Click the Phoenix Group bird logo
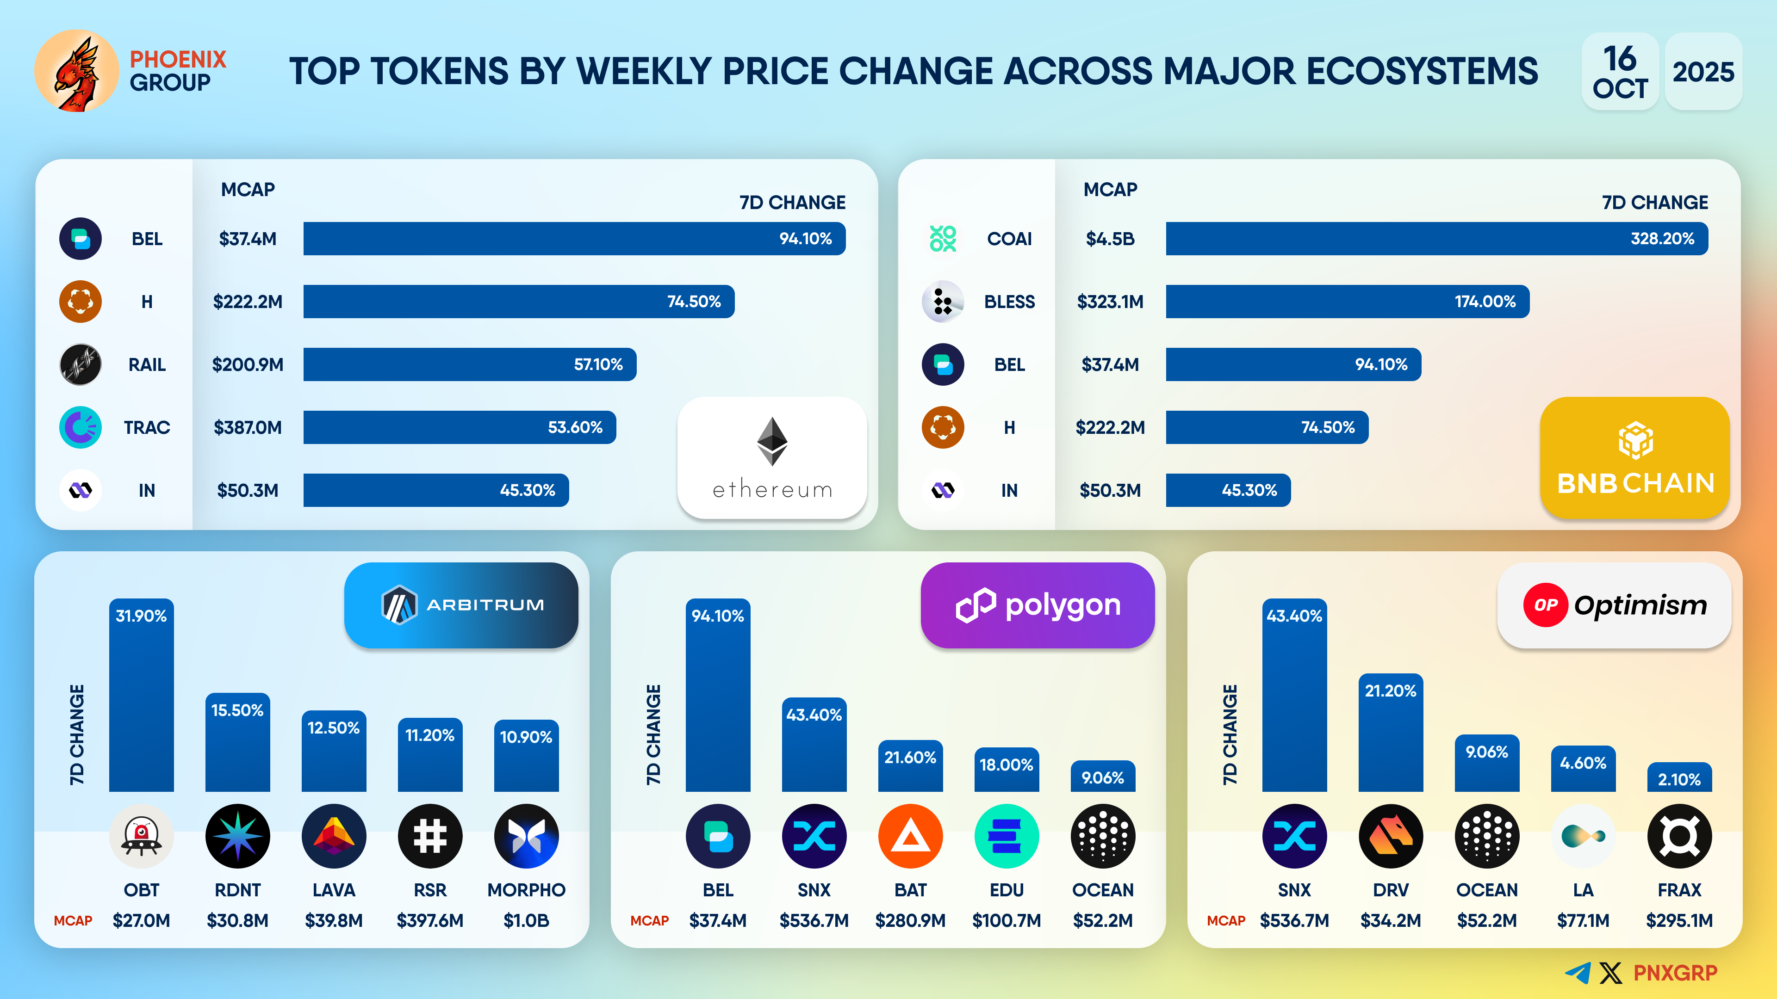[x=76, y=71]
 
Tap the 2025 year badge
[x=1702, y=72]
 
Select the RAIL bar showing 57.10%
[x=469, y=364]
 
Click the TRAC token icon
[x=81, y=427]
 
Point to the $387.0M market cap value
[x=248, y=427]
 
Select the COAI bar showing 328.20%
[x=1436, y=239]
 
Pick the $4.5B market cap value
[x=1110, y=239]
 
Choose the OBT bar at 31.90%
[x=142, y=697]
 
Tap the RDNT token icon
[x=237, y=836]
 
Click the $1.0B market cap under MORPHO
[x=526, y=920]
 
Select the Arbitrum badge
[x=461, y=604]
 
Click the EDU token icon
[x=1007, y=836]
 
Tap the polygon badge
[x=1038, y=604]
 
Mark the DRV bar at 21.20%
[x=1390, y=734]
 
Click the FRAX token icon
[x=1679, y=836]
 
